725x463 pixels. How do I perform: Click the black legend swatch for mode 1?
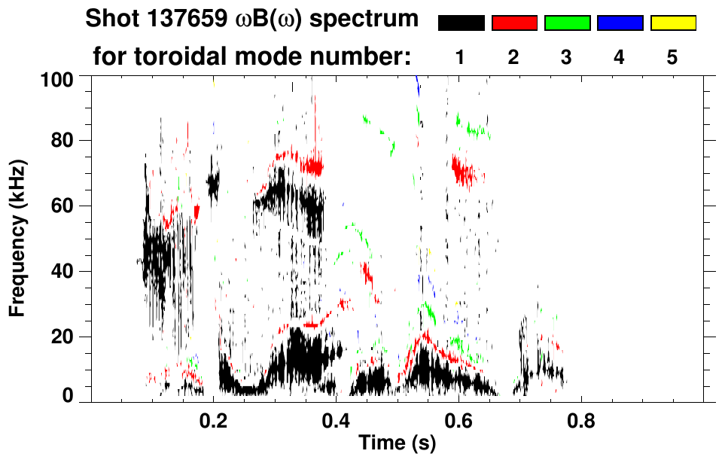point(461,23)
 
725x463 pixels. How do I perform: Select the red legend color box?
point(514,23)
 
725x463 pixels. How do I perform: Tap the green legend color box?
point(567,23)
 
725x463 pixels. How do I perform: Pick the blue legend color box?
point(620,23)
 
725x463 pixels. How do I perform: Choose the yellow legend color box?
point(673,23)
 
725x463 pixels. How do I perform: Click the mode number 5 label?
point(673,58)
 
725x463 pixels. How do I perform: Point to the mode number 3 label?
point(567,58)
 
